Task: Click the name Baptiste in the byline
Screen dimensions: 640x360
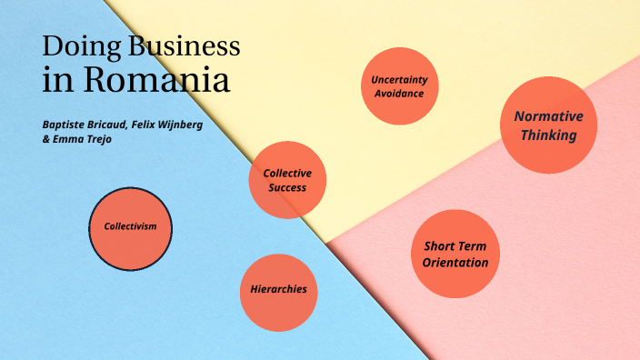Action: (x=66, y=125)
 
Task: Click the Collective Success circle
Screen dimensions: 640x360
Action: (x=287, y=180)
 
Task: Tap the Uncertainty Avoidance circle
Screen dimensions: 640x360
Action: (x=399, y=86)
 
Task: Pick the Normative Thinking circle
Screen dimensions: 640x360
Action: (x=548, y=125)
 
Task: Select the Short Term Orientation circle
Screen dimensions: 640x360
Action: (x=455, y=254)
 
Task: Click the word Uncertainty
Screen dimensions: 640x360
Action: (x=399, y=80)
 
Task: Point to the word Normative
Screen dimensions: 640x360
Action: (x=548, y=116)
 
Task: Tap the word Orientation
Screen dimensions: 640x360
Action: (x=455, y=263)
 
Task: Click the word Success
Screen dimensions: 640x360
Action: (x=287, y=188)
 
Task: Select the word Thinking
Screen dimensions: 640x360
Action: (x=548, y=135)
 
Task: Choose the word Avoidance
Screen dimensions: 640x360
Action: (x=399, y=94)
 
